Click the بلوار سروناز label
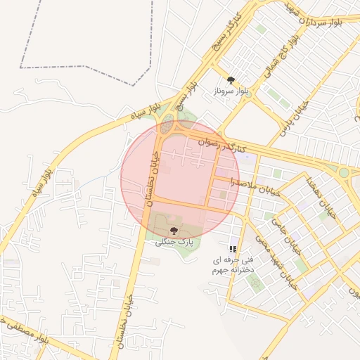click(233, 91)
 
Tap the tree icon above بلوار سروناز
click(231, 81)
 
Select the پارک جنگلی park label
click(174, 242)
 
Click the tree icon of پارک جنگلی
click(174, 231)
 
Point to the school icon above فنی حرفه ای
click(233, 249)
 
